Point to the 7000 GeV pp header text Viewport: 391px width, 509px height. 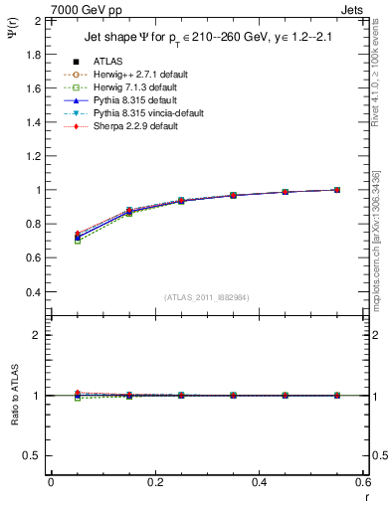(87, 10)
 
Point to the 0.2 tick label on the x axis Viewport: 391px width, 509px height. (154, 481)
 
